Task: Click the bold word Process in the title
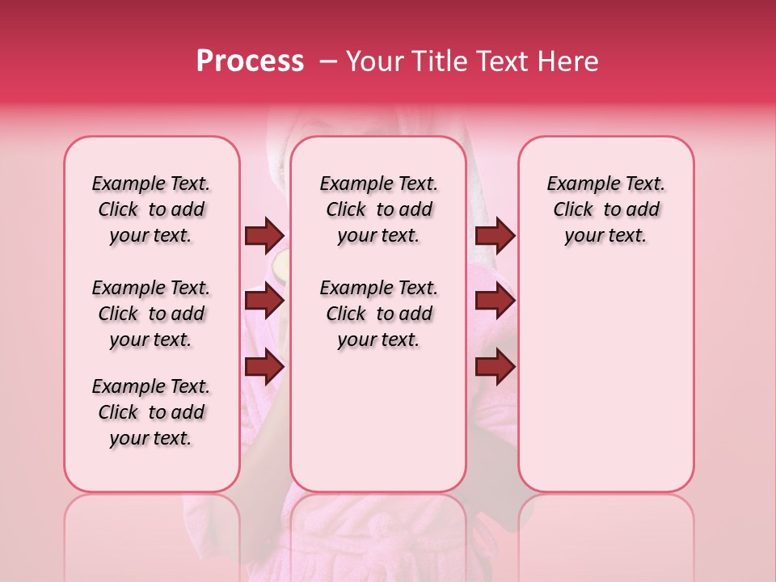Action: (x=249, y=61)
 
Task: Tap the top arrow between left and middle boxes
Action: (x=264, y=236)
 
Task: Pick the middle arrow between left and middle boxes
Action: (x=264, y=302)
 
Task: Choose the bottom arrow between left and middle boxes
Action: (x=264, y=368)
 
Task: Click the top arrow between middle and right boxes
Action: (x=495, y=236)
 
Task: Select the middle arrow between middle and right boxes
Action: (x=495, y=302)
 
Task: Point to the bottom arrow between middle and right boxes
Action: (x=495, y=368)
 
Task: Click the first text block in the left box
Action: (x=151, y=209)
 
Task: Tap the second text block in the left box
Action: (x=151, y=314)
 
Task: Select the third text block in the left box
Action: (x=151, y=412)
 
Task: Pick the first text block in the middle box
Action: (x=378, y=209)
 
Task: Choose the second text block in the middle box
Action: (x=378, y=314)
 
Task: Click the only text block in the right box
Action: (x=605, y=209)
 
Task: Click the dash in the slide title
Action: (x=328, y=61)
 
